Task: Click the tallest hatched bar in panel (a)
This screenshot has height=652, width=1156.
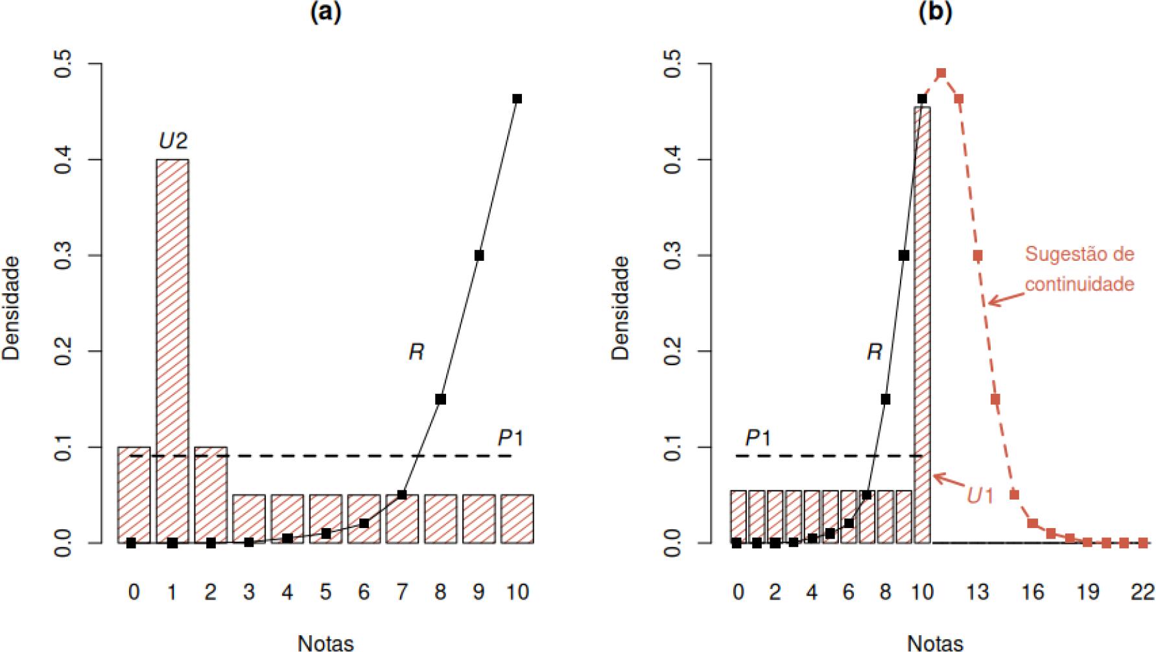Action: [x=172, y=350]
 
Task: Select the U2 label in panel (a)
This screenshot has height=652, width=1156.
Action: [x=173, y=141]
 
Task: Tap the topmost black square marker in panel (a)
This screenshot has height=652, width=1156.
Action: [x=517, y=99]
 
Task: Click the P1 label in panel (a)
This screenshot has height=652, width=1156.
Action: [x=510, y=439]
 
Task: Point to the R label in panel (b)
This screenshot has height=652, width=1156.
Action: [x=875, y=352]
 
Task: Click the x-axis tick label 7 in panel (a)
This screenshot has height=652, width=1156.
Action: [x=402, y=592]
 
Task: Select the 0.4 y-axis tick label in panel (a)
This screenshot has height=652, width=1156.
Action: [x=64, y=160]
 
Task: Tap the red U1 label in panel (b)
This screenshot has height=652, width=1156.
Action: [x=980, y=496]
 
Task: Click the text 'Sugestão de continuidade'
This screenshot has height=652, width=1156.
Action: [x=1079, y=269]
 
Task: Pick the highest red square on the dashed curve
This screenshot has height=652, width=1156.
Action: [x=941, y=73]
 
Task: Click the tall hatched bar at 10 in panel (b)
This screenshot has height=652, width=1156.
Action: [x=923, y=324]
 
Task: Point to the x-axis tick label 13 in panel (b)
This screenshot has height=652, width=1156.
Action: [x=978, y=592]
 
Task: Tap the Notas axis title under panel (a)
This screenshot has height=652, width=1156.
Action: [x=325, y=643]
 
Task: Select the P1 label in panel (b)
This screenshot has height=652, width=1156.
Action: [x=758, y=439]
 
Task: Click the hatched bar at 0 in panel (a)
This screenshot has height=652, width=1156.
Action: [x=134, y=494]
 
